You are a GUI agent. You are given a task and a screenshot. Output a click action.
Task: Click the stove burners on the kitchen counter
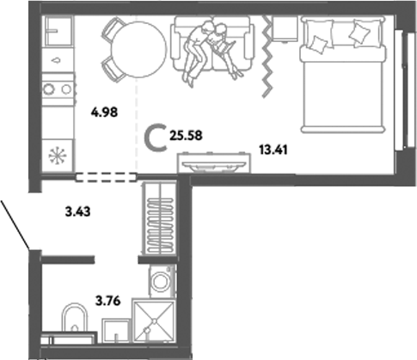point(58,88)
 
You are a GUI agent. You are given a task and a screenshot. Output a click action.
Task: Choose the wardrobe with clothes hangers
point(158,223)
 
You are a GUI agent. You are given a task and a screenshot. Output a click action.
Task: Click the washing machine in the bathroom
point(161,281)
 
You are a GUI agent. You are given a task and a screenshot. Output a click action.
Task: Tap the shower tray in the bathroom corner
point(155,327)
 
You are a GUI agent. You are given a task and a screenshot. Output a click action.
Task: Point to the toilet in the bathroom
point(76,326)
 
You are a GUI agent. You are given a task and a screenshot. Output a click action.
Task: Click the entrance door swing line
point(16,224)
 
